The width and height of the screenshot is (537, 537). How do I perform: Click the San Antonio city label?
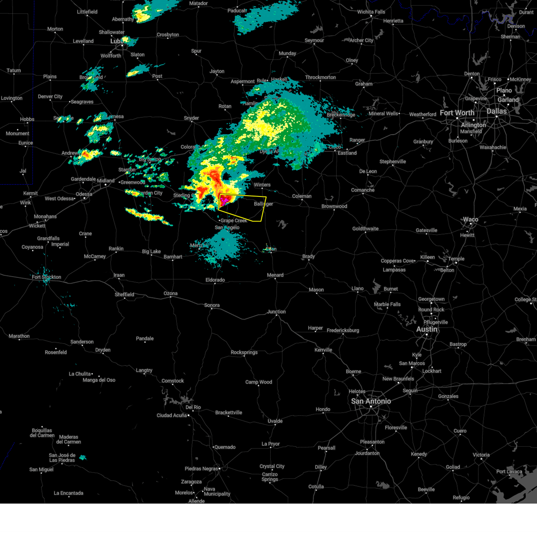[371, 401]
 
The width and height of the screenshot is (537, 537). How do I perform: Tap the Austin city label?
[426, 329]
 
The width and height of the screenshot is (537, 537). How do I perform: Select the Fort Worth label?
[457, 113]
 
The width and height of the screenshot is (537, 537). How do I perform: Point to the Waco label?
[470, 219]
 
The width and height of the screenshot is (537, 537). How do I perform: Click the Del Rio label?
[193, 407]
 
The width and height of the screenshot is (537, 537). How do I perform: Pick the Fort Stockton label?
[46, 277]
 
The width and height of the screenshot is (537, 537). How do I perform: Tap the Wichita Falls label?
[371, 12]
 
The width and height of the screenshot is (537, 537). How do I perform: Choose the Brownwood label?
[334, 206]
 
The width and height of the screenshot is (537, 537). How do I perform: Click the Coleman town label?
[302, 196]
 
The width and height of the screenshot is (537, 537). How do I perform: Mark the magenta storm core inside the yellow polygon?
[225, 200]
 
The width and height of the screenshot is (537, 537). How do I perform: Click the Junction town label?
[276, 311]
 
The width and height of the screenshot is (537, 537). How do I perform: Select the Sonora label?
[212, 305]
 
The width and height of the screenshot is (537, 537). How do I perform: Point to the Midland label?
[106, 181]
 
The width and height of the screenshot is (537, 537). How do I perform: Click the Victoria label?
[481, 455]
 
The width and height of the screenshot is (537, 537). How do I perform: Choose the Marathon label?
[19, 336]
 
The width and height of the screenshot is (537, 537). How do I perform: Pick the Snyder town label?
[191, 118]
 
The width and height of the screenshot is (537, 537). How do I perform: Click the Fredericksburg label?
[343, 330]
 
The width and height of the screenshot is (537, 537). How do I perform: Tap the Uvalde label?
[275, 421]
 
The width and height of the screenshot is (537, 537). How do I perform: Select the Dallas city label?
[497, 111]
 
